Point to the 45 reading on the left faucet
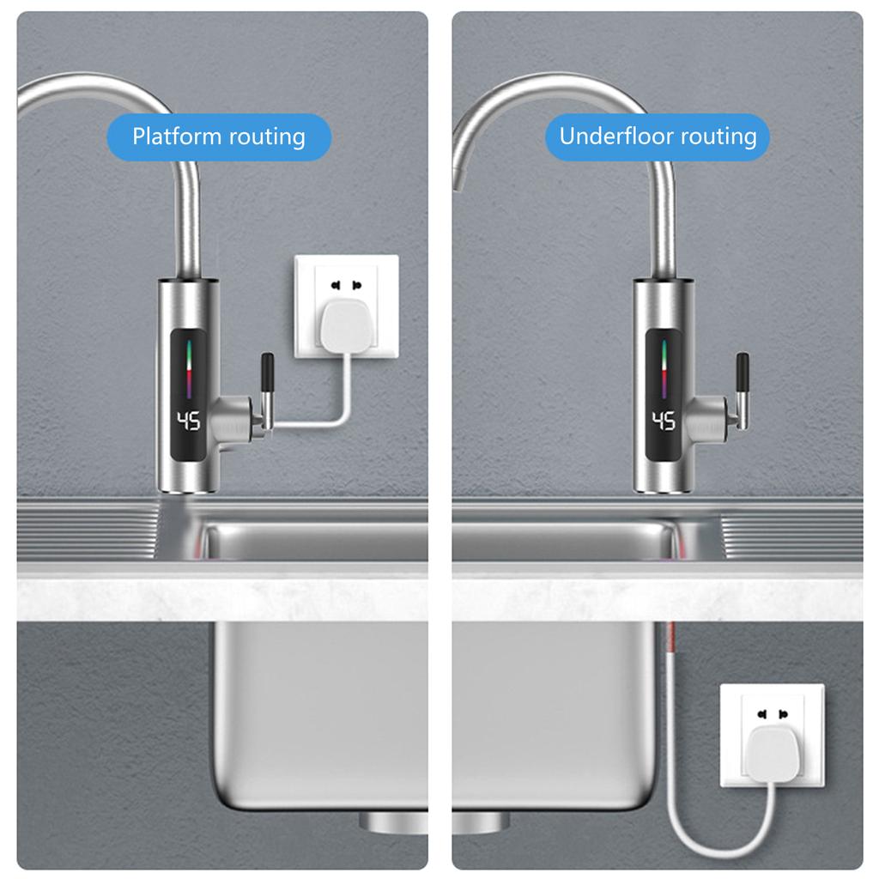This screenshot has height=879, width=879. pos(188,421)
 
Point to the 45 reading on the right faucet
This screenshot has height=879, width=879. pos(664,421)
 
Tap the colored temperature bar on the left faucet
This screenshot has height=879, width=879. pos(189,369)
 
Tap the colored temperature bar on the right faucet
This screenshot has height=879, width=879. pos(664,369)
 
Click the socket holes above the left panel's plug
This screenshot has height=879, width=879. pos(346,286)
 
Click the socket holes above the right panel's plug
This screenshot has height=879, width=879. pos(773,714)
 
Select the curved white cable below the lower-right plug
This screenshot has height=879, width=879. pos(723,830)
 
